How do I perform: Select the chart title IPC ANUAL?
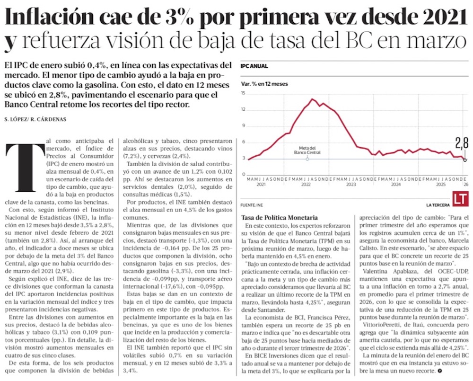tap(254, 66)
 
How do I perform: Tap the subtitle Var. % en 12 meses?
tap(264, 84)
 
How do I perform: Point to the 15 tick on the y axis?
tap(243, 93)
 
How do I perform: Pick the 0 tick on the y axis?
tap(243, 175)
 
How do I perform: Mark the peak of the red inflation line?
tap(313, 99)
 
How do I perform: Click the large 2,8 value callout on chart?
tap(462, 142)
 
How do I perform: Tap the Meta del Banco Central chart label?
tap(307, 150)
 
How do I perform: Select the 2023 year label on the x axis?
tap(350, 185)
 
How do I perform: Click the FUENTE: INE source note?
tap(251, 205)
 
